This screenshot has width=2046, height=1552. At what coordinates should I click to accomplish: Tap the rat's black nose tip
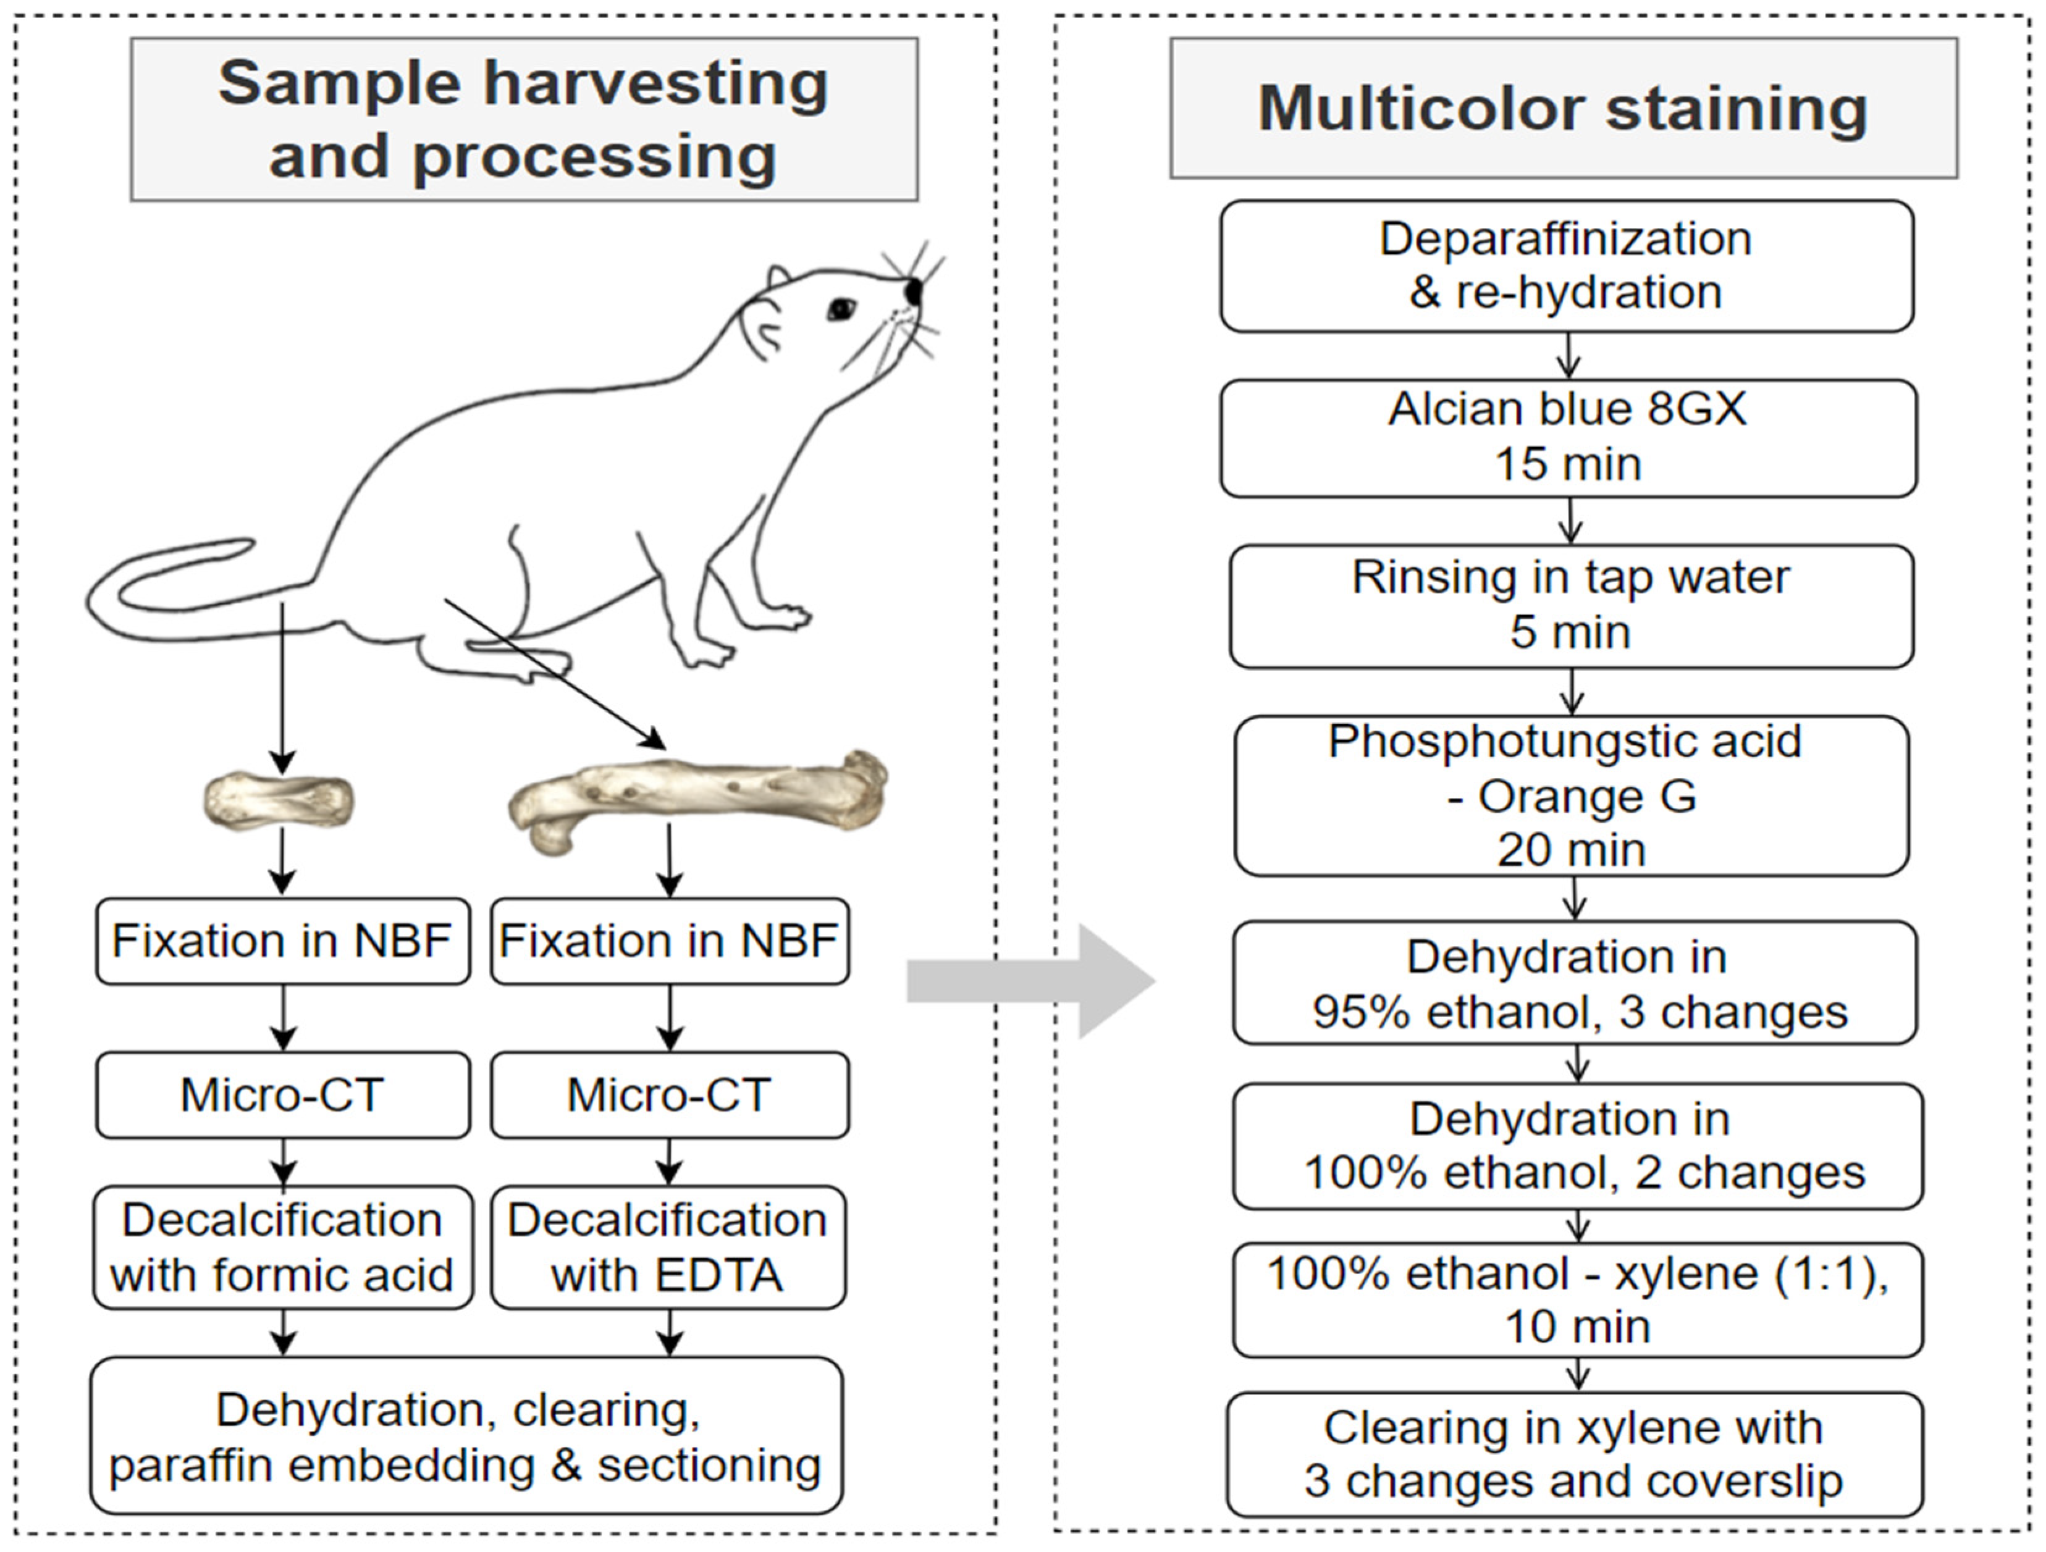tap(914, 290)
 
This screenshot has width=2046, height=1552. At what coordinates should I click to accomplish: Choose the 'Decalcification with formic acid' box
tap(282, 1247)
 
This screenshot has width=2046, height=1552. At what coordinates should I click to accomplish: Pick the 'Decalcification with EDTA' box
tap(668, 1247)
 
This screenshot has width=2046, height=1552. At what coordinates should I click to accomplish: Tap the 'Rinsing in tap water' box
tap(1570, 606)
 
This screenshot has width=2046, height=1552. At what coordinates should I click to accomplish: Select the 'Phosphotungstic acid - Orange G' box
tap(1570, 795)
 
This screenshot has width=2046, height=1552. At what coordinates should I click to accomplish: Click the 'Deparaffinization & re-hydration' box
tap(1566, 266)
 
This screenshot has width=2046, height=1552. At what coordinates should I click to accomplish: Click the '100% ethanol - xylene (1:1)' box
tap(1577, 1299)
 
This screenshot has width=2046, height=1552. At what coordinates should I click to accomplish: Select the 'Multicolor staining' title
tap(1563, 108)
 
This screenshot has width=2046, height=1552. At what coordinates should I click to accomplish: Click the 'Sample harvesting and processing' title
tap(523, 119)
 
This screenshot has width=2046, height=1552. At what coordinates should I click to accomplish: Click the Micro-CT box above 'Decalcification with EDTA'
tap(669, 1095)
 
